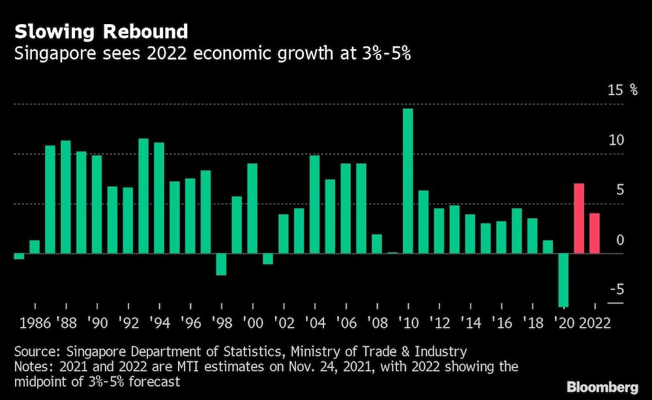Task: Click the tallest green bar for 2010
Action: tap(407, 181)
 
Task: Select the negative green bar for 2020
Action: tap(563, 279)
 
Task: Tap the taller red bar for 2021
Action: tap(579, 219)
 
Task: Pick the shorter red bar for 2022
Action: tap(595, 233)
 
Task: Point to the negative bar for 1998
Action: tap(221, 264)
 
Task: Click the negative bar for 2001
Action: tap(267, 259)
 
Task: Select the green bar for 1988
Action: tap(65, 197)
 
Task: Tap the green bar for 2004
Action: tap(314, 205)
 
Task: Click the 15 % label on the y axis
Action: tap(623, 90)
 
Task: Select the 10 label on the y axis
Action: tap(616, 140)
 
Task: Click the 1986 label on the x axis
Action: tap(35, 322)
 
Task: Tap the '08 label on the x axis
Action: tap(377, 322)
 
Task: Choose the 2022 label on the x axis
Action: tap(595, 322)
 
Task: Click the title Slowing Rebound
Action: tap(101, 31)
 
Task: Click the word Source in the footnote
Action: tap(35, 352)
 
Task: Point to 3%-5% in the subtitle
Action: tap(390, 53)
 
